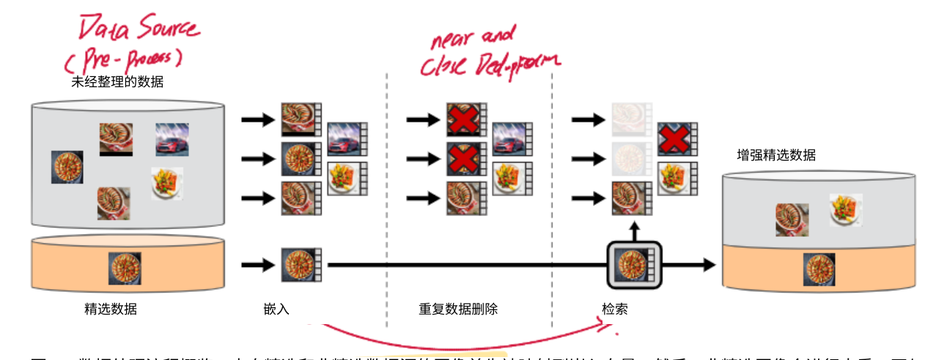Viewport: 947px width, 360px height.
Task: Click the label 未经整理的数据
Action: [x=117, y=82]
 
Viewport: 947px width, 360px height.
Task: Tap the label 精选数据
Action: [x=111, y=309]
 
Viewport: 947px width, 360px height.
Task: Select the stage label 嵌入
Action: [x=276, y=309]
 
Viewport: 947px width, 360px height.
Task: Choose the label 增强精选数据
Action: [x=776, y=155]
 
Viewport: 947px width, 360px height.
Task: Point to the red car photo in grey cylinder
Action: [x=172, y=139]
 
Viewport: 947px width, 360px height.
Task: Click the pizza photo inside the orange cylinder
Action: [x=125, y=268]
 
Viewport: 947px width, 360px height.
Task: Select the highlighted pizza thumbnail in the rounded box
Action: [x=634, y=265]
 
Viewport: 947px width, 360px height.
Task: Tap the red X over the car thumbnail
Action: [x=672, y=139]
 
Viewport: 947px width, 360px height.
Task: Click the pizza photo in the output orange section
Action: [x=819, y=269]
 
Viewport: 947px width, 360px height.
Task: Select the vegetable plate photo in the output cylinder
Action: [x=846, y=209]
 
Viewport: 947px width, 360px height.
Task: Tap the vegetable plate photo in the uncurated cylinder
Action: [x=167, y=183]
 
